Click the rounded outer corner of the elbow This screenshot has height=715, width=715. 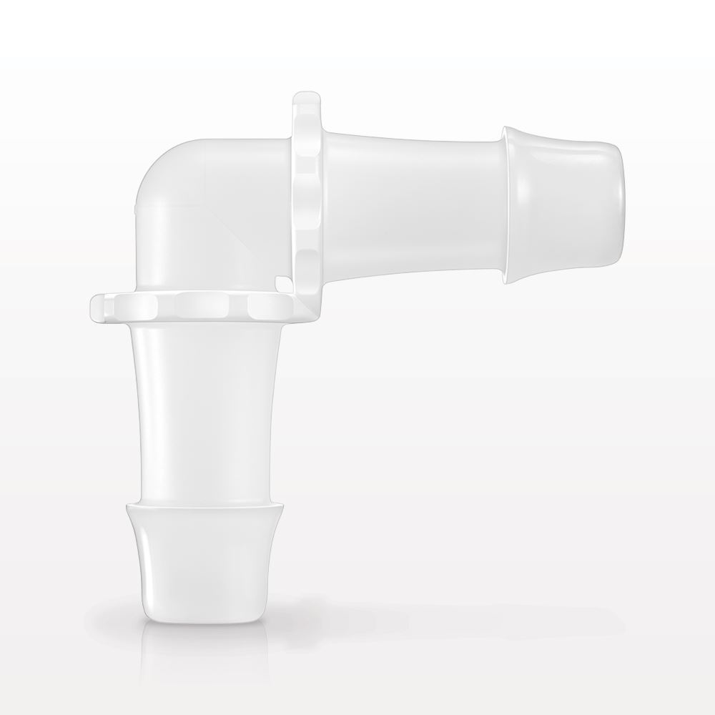click(161, 168)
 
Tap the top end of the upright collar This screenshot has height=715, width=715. click(306, 96)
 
